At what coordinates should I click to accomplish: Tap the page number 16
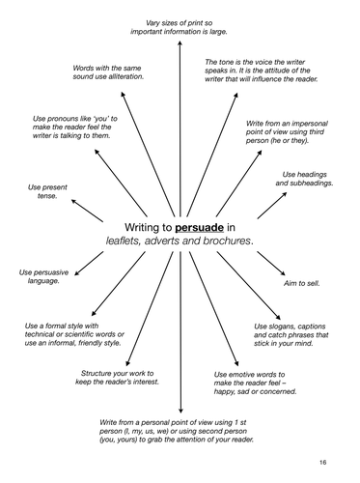(x=338, y=463)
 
